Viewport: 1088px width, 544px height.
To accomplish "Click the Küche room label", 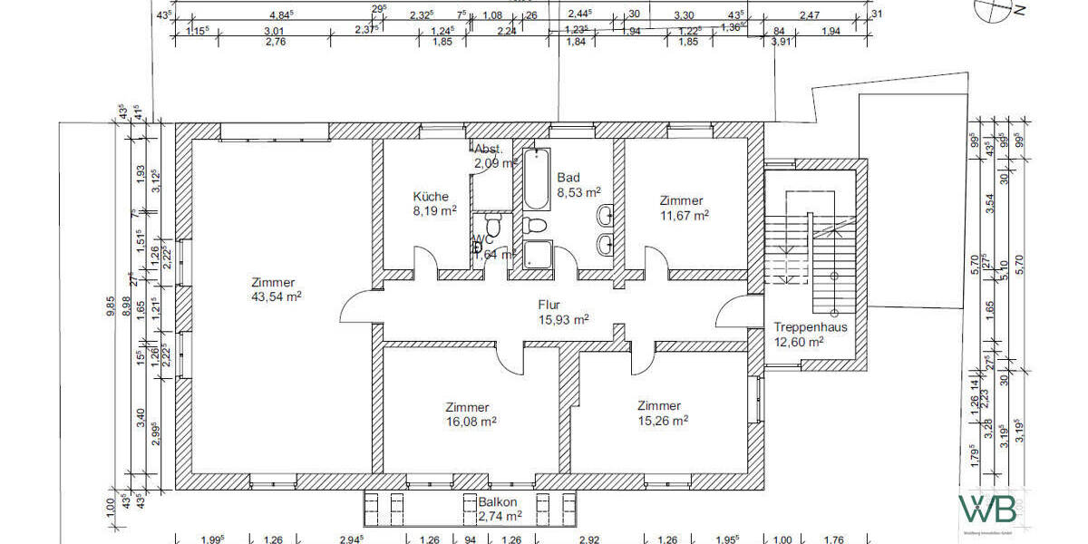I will (431, 197).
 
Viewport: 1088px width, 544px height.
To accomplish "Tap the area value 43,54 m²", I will (277, 296).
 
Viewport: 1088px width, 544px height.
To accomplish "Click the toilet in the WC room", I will (494, 223).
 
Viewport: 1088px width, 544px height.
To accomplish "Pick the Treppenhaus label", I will (811, 327).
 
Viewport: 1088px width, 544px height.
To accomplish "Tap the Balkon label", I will (499, 501).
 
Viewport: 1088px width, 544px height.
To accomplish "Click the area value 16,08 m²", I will (467, 422).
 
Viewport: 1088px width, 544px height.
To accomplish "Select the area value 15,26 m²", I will (658, 420).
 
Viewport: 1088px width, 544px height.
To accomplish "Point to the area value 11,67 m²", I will (684, 215).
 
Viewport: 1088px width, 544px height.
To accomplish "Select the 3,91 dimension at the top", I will (780, 41).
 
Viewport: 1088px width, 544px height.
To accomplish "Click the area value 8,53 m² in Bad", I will (579, 192).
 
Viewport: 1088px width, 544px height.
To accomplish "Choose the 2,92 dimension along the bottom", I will (589, 540).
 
